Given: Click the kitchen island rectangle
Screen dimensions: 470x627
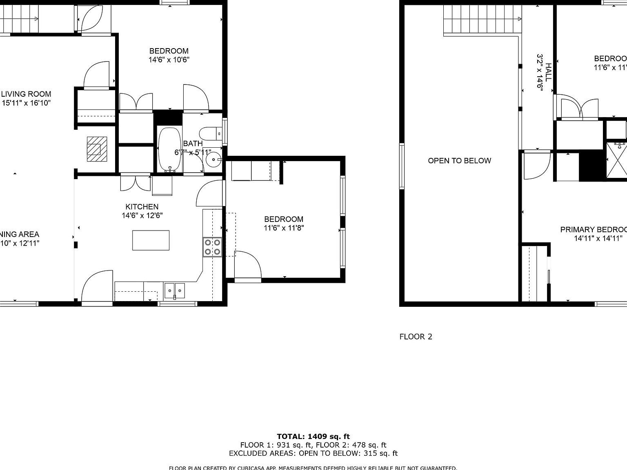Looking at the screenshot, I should pyautogui.click(x=151, y=240).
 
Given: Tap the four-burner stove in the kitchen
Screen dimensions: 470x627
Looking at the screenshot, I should pyautogui.click(x=212, y=247).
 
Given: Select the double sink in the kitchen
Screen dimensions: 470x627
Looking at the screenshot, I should pyautogui.click(x=175, y=290).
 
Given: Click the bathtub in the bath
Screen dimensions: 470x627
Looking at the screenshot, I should pyautogui.click(x=169, y=149).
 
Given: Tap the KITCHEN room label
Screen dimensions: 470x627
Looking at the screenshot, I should pyautogui.click(x=142, y=207).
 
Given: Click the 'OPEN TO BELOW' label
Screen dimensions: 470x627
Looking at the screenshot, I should pyautogui.click(x=459, y=161).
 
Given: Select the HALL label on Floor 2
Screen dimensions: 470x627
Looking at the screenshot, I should pyautogui.click(x=548, y=72).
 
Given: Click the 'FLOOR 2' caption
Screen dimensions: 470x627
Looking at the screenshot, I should pyautogui.click(x=416, y=337).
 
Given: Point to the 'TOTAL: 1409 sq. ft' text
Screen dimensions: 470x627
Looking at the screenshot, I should pyautogui.click(x=313, y=437).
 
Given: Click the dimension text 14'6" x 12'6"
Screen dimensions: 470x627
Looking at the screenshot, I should pyautogui.click(x=142, y=215).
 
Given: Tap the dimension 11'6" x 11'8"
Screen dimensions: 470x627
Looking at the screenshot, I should pyautogui.click(x=284, y=228).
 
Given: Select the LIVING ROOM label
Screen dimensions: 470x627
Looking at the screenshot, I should pyautogui.click(x=26, y=94).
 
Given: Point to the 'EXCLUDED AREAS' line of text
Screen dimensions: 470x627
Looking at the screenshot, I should pyautogui.click(x=313, y=453).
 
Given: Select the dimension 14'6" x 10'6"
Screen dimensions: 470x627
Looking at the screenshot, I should pyautogui.click(x=169, y=60).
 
